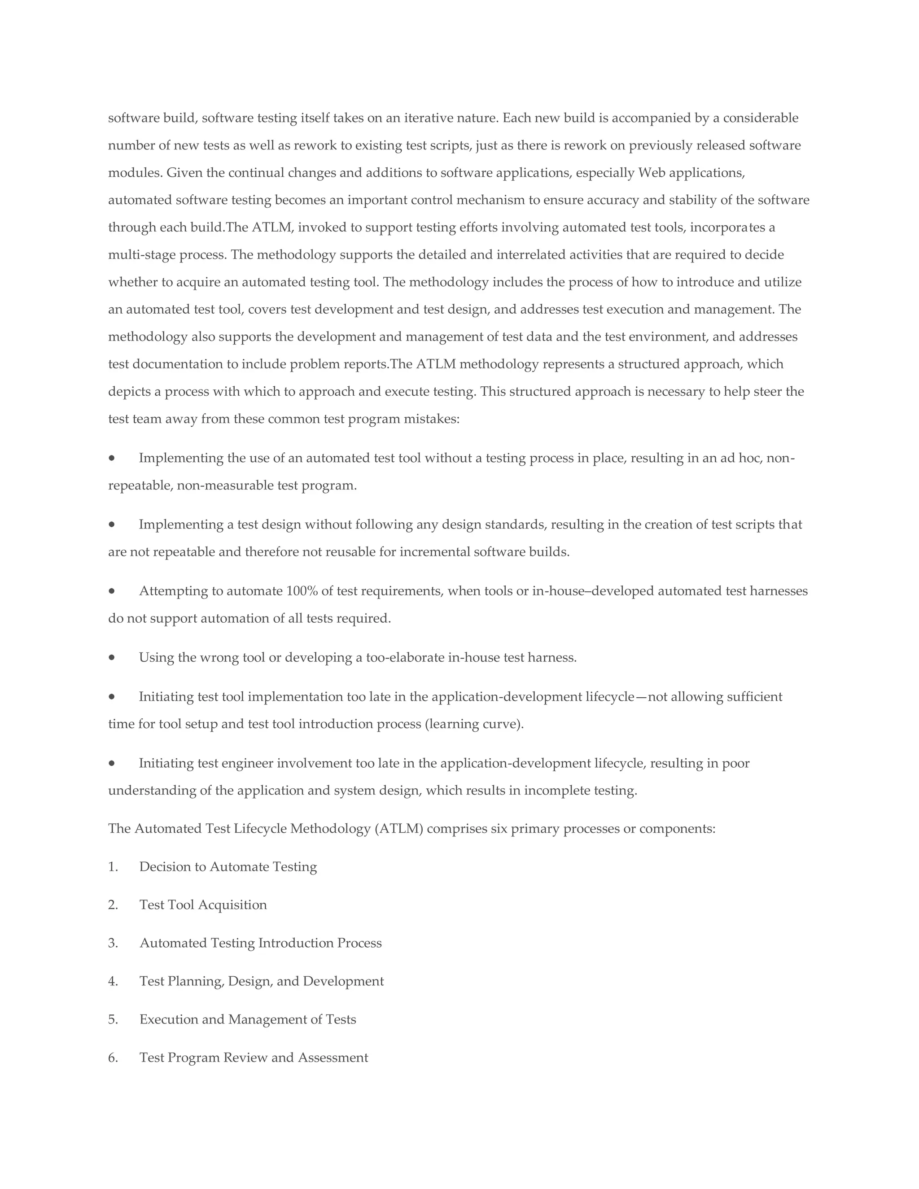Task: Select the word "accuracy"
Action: point(613,201)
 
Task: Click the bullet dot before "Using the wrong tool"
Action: point(112,658)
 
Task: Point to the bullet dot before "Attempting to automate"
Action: point(112,591)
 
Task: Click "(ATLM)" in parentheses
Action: point(399,829)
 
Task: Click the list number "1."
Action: point(113,867)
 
